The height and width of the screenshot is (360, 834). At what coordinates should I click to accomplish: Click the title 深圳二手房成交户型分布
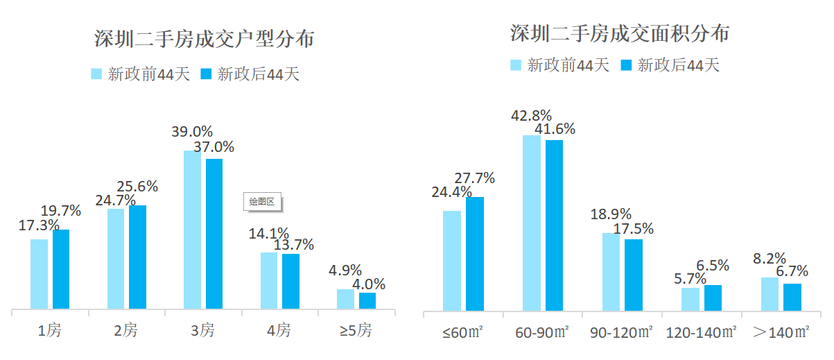pyautogui.click(x=204, y=40)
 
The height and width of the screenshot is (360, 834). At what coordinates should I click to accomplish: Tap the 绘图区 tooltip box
pyautogui.click(x=263, y=202)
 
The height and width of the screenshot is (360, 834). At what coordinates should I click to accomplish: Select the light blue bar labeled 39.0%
pyautogui.click(x=192, y=230)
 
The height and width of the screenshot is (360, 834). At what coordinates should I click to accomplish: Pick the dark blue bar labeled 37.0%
pyautogui.click(x=214, y=234)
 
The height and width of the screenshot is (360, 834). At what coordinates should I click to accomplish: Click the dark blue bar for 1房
pyautogui.click(x=61, y=269)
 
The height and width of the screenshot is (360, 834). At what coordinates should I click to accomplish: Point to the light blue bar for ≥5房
pyautogui.click(x=345, y=299)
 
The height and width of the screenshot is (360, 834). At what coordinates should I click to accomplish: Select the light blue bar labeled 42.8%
pyautogui.click(x=532, y=223)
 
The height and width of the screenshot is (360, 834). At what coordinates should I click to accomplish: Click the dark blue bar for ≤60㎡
pyautogui.click(x=475, y=253)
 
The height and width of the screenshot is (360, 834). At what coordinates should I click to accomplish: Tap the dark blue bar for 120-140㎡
pyautogui.click(x=713, y=298)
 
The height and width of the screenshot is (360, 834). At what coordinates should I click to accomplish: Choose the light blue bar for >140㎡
pyautogui.click(x=770, y=293)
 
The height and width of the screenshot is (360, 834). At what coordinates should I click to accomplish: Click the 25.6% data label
pyautogui.click(x=137, y=186)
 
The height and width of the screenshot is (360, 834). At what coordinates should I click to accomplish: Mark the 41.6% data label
pyautogui.click(x=554, y=129)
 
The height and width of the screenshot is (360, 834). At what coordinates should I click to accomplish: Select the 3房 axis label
pyautogui.click(x=202, y=331)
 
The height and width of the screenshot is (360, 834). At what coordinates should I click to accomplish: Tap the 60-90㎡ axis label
pyautogui.click(x=542, y=332)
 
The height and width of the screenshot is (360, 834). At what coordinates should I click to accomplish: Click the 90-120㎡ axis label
pyautogui.click(x=622, y=332)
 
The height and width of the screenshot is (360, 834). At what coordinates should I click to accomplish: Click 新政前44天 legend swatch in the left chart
pyautogui.click(x=96, y=74)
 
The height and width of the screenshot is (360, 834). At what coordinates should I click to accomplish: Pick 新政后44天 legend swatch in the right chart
pyautogui.click(x=626, y=65)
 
